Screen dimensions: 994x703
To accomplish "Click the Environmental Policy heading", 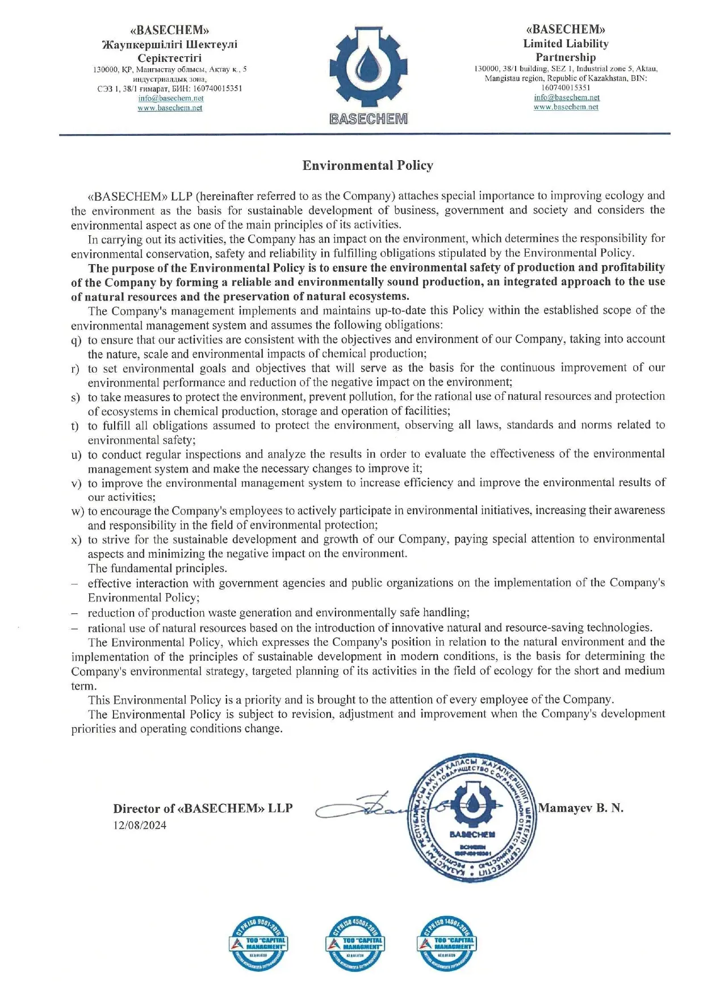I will [367, 165].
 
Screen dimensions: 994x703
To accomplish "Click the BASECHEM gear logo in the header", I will [368, 68].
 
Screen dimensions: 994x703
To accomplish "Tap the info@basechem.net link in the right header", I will [566, 97].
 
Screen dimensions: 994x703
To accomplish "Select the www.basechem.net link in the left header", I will [170, 108].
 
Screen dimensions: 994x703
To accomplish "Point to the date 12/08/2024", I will [140, 825].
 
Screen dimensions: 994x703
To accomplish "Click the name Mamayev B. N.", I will [580, 808].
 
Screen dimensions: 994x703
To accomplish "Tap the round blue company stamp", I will [471, 818].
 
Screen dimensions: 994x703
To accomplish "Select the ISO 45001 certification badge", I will [355, 943].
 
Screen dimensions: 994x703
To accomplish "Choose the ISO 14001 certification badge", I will [446, 943].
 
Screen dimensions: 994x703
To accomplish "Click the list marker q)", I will [76, 340].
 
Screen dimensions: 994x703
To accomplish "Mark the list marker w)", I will [78, 511].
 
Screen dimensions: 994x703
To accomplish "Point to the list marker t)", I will [75, 426].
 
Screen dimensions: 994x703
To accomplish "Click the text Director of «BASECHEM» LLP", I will [203, 808].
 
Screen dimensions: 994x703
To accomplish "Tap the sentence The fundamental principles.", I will [157, 568].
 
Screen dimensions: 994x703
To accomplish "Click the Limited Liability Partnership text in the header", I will [566, 51].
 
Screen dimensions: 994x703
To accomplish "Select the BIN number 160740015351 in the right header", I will [566, 87].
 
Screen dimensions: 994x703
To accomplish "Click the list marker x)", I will [76, 540].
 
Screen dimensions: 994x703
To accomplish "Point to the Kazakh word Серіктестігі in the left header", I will [170, 58].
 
